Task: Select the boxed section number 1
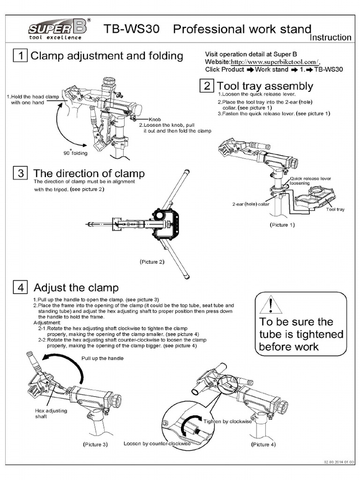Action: coord(20,56)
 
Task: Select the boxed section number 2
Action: coord(207,86)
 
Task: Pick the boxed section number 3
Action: coord(20,173)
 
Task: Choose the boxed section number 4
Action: coord(20,287)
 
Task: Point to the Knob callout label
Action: coord(155,120)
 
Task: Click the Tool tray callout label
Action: coord(335,210)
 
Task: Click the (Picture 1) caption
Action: coord(282,225)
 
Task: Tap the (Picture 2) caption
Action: coord(152,262)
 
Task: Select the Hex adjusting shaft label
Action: coord(51,413)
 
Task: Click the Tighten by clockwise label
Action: coord(227,421)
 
